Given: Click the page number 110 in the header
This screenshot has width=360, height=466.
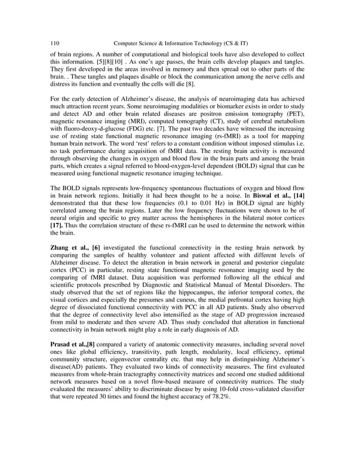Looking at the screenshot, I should click(55, 43).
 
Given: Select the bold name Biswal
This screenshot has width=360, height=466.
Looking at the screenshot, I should click(264, 194).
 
